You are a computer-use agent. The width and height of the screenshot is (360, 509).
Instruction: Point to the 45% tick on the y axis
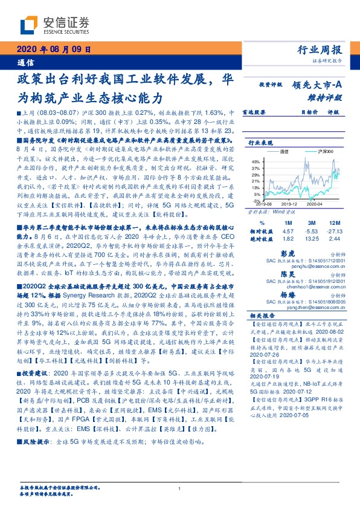tap(256, 161)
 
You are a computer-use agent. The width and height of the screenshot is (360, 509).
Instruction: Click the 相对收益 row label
tap(258, 230)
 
